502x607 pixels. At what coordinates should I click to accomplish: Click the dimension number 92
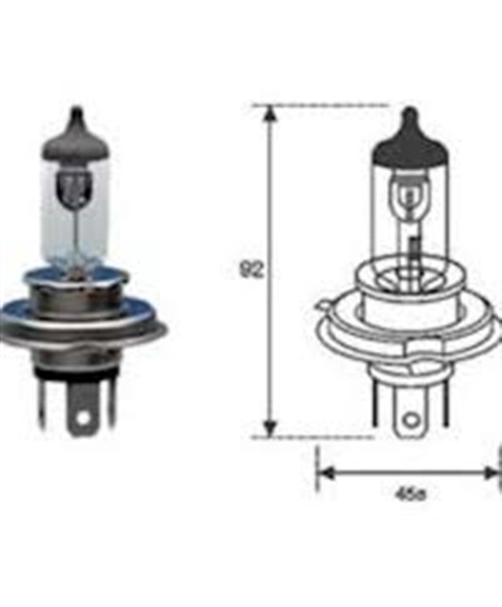pos(251,270)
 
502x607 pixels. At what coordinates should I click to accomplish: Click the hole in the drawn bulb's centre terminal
pos(410,417)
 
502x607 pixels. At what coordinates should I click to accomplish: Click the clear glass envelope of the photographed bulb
pos(76,218)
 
